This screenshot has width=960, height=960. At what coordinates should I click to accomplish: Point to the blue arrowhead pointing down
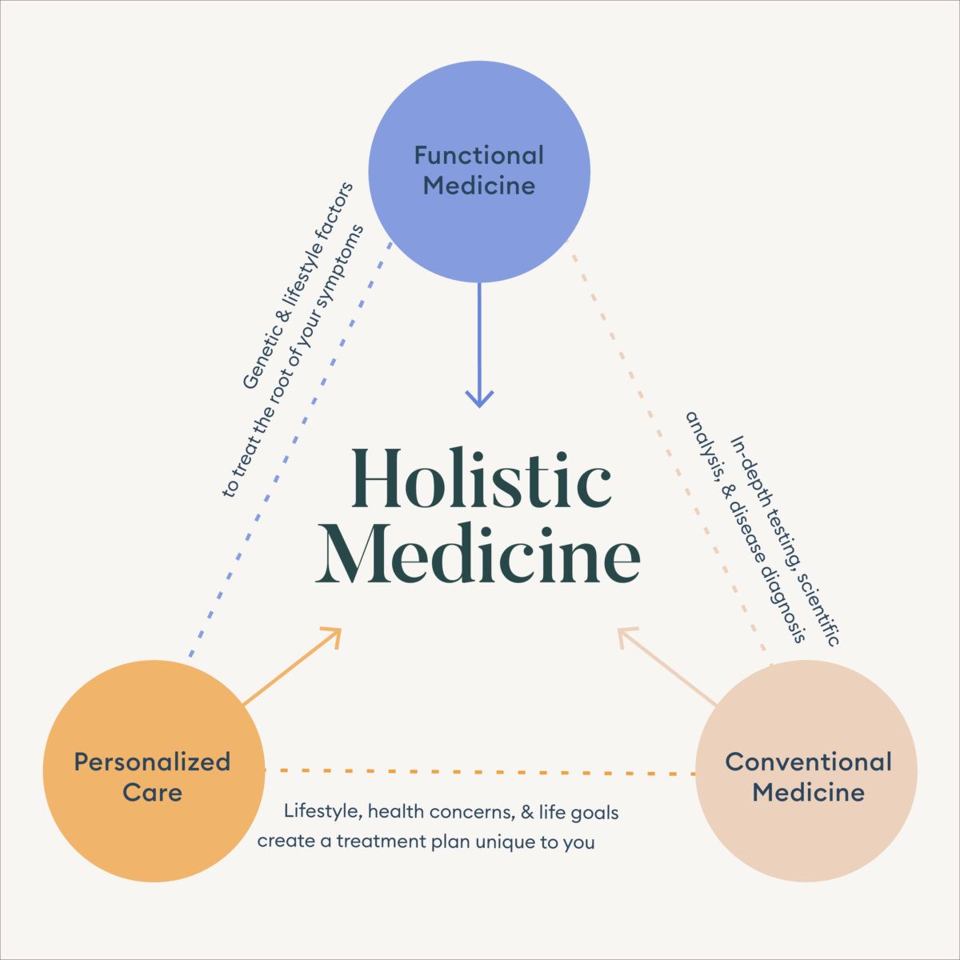[x=479, y=398]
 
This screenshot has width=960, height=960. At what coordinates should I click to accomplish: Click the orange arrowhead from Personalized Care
[x=331, y=636]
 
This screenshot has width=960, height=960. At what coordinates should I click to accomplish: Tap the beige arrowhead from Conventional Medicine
[x=629, y=637]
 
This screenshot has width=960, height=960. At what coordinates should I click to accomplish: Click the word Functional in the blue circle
[x=478, y=155]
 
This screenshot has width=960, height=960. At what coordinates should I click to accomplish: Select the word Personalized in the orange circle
[x=152, y=762]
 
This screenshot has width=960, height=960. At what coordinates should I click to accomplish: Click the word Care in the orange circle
[x=152, y=793]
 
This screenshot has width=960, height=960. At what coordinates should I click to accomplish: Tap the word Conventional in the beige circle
[x=808, y=762]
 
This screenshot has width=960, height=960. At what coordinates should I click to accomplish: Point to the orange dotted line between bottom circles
[x=480, y=772]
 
